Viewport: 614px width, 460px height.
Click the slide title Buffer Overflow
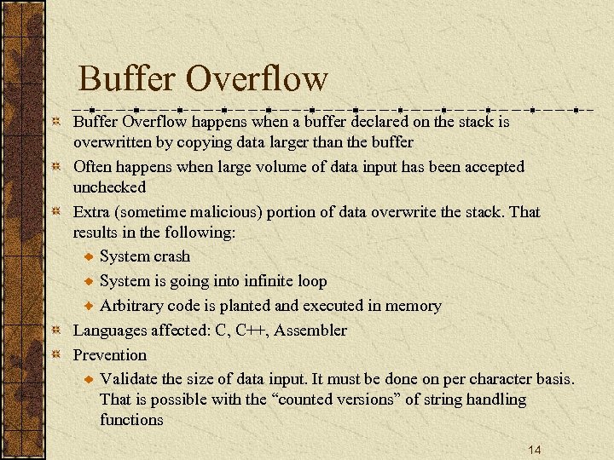tap(203, 79)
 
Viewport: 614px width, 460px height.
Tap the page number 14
tap(535, 450)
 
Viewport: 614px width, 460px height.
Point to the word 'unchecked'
tap(109, 187)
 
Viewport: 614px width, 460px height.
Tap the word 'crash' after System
tap(171, 256)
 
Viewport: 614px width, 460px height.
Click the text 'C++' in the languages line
tap(251, 331)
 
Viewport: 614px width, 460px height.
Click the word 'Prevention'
tap(109, 355)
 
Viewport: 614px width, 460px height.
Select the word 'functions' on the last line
tap(131, 420)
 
